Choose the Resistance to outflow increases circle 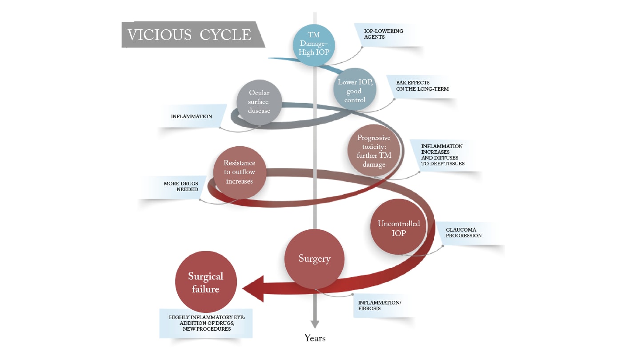tap(239, 172)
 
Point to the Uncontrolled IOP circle tap(399, 228)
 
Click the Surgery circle tap(314, 259)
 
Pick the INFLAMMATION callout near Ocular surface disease tap(192, 116)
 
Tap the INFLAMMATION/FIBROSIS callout tap(380, 305)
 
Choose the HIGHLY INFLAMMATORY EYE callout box tap(206, 324)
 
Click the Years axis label tap(315, 338)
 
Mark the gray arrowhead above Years tap(315, 324)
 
